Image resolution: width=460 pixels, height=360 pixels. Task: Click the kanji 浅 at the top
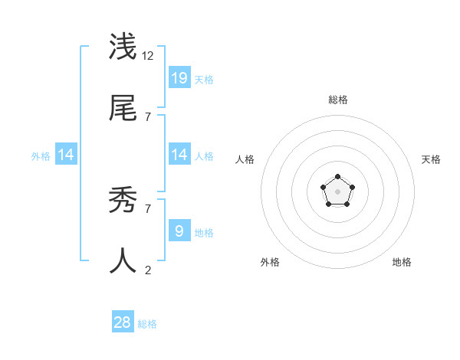tap(123, 47)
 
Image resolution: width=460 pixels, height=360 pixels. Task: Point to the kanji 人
tap(123, 261)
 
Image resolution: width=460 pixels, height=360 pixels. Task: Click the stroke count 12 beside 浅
tap(149, 55)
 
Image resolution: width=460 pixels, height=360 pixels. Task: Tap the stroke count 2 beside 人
tap(148, 270)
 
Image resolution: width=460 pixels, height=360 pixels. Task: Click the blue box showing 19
tap(179, 77)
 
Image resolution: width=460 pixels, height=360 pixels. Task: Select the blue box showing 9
tap(179, 231)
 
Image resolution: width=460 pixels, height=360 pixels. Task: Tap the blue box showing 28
tap(123, 322)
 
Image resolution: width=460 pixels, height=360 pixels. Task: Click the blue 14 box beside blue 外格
tap(66, 155)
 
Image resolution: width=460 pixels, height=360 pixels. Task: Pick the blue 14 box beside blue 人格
tap(179, 155)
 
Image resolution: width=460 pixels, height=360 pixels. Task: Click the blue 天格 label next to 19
tap(204, 79)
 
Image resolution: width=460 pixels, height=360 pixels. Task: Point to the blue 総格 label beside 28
tap(147, 324)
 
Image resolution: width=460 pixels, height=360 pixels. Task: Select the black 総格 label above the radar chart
tap(338, 100)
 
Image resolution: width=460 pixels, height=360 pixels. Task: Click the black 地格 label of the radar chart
tap(402, 262)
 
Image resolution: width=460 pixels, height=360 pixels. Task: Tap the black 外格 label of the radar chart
tap(270, 262)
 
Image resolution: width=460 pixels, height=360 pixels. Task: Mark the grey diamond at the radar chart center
tap(337, 191)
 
